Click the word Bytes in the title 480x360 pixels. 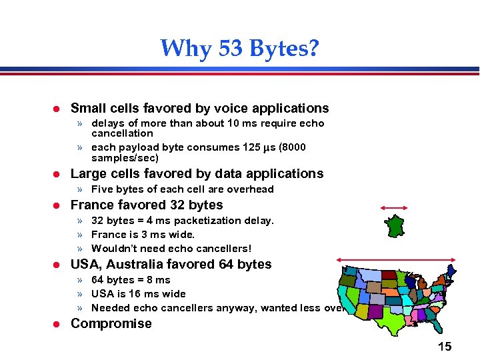[x=274, y=48]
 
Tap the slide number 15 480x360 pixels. [x=445, y=346]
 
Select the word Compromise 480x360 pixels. [x=111, y=324]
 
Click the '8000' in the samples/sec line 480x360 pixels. [x=293, y=147]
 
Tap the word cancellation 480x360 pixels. [x=122, y=133]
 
